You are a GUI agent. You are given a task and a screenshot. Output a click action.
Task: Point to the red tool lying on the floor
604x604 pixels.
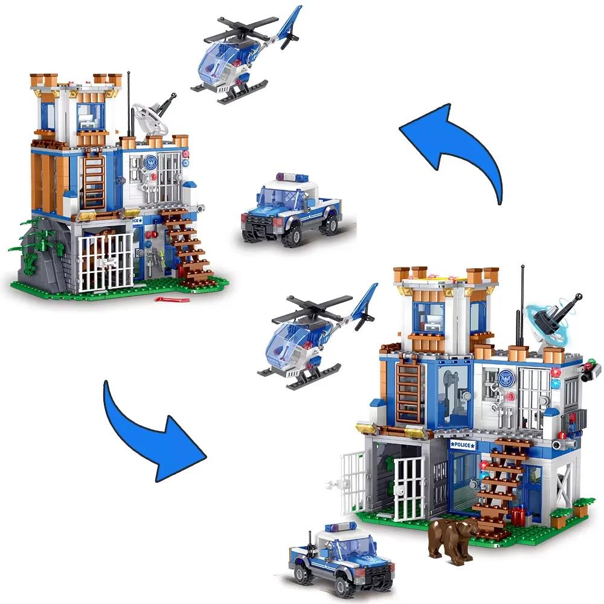[167, 298]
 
